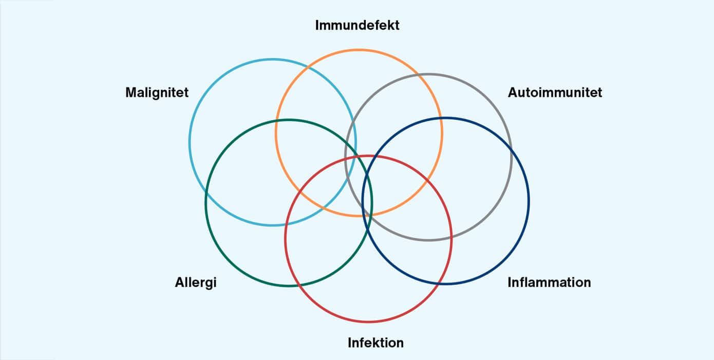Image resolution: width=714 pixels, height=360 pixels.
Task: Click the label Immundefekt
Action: pos(357,25)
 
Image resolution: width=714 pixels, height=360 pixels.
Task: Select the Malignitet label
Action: pos(157,93)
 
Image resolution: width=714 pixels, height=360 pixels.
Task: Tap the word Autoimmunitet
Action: pos(555,93)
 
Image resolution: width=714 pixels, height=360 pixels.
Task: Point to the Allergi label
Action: pos(196,283)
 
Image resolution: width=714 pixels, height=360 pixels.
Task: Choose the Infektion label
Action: pos(375,343)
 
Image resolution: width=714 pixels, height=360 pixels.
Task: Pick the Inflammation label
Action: pos(549,282)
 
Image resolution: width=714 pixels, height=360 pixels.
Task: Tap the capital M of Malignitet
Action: pos(131,93)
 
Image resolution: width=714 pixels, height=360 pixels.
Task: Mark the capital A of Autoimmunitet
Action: pos(513,93)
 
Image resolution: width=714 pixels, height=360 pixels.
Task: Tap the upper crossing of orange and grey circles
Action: pos(420,75)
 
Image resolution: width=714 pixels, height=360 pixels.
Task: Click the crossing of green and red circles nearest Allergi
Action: pos(302,286)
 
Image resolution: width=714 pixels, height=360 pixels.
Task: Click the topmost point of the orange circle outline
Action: pos(359,50)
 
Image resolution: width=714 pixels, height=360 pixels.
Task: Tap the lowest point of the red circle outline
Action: pos(368,322)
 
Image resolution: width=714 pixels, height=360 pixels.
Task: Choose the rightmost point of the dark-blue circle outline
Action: pos(529,201)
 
